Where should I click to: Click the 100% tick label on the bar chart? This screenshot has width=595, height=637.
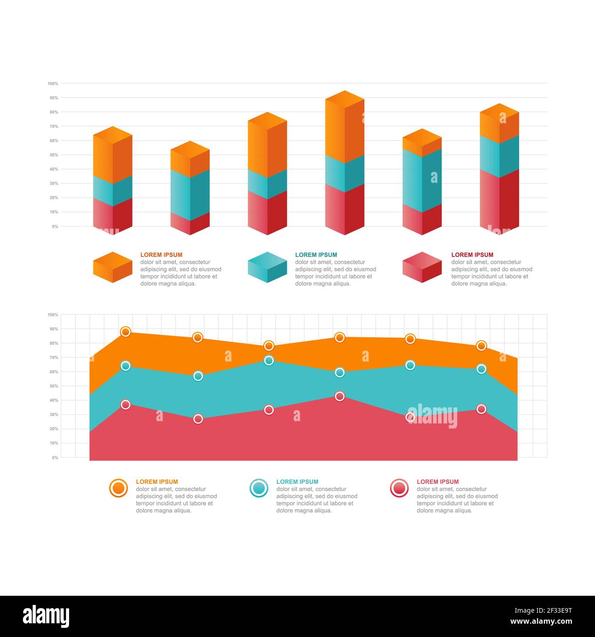pos(53,83)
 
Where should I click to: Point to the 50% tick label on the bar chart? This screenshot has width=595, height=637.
pos(54,155)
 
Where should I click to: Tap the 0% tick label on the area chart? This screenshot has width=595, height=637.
pos(55,457)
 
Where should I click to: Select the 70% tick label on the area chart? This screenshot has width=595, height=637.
pos(54,357)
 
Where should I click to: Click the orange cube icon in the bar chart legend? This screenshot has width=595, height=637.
pos(113,267)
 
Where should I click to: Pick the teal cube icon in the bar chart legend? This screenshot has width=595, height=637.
pos(267,267)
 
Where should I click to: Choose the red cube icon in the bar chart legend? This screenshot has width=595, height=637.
pos(422,267)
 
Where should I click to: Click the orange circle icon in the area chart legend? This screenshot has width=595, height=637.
pos(119,488)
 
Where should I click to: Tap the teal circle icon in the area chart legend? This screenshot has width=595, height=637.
pos(259,488)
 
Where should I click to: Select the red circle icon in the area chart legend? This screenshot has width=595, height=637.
pos(399,488)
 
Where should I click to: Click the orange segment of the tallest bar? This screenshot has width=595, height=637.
pos(344,128)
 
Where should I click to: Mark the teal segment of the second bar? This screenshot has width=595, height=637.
pos(190,195)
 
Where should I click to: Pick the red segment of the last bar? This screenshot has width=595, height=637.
pos(499,202)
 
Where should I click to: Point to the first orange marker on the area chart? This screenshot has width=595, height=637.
pos(125,332)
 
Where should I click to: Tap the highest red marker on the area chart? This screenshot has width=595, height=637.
pos(340,396)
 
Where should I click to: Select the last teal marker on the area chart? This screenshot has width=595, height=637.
pos(481,369)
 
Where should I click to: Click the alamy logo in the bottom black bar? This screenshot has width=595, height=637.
pos(46,616)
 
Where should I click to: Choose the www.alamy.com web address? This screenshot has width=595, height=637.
pos(541,622)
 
